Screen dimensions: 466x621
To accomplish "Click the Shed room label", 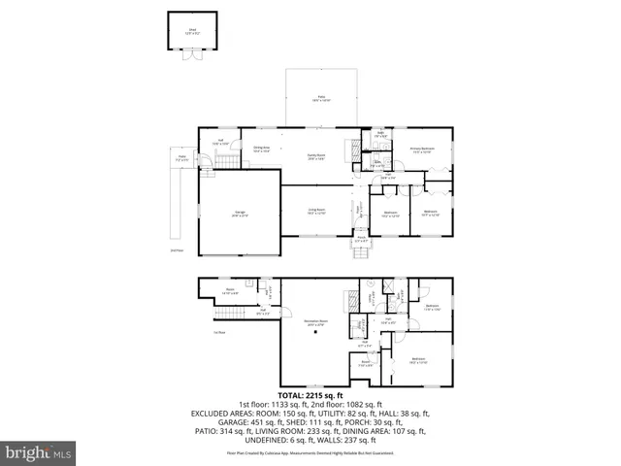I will (192, 29).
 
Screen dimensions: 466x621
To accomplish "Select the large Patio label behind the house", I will (319, 99).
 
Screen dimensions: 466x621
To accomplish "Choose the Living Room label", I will (316, 211).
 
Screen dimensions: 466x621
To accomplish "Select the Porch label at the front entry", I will (360, 240).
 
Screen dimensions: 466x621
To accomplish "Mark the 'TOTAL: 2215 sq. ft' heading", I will (310, 395).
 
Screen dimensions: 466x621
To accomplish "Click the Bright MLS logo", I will (39, 452).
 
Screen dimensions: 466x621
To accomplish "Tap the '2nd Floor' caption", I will (177, 250).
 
